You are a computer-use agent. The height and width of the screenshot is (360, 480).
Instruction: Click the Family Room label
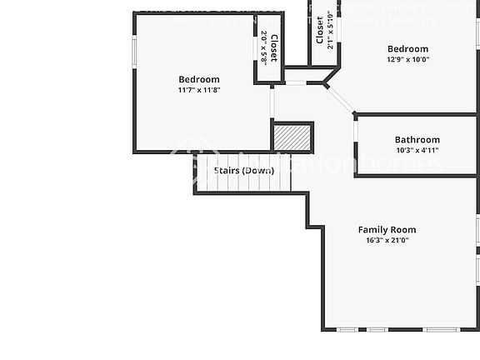coord(387,229)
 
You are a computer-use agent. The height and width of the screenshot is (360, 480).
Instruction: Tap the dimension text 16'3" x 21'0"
coord(387,240)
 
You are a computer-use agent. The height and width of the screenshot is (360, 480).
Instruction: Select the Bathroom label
coord(417,140)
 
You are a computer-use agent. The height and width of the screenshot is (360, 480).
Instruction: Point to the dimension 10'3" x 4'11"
coord(417,151)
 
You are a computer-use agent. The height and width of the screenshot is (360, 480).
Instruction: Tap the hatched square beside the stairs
coord(292,137)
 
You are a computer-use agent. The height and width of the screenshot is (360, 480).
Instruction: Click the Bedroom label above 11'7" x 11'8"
coord(199,79)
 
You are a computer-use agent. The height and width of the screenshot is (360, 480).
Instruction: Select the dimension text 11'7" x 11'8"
coord(199,90)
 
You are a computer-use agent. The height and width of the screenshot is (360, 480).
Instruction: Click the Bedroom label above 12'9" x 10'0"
coord(407,49)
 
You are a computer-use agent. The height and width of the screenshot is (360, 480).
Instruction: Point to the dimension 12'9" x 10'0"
coord(407,60)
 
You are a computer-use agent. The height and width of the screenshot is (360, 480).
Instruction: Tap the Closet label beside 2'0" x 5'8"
coord(273,48)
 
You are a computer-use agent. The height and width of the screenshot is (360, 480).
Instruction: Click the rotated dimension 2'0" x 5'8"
coord(263,48)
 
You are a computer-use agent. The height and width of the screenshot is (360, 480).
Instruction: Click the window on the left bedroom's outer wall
coord(133,50)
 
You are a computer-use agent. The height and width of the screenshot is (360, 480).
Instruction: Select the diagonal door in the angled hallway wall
coord(339,97)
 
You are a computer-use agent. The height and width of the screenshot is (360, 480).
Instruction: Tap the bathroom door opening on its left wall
coord(356,132)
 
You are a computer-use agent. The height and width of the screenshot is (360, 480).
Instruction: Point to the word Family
coord(373,229)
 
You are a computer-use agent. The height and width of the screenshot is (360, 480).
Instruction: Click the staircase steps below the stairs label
coord(242,184)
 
